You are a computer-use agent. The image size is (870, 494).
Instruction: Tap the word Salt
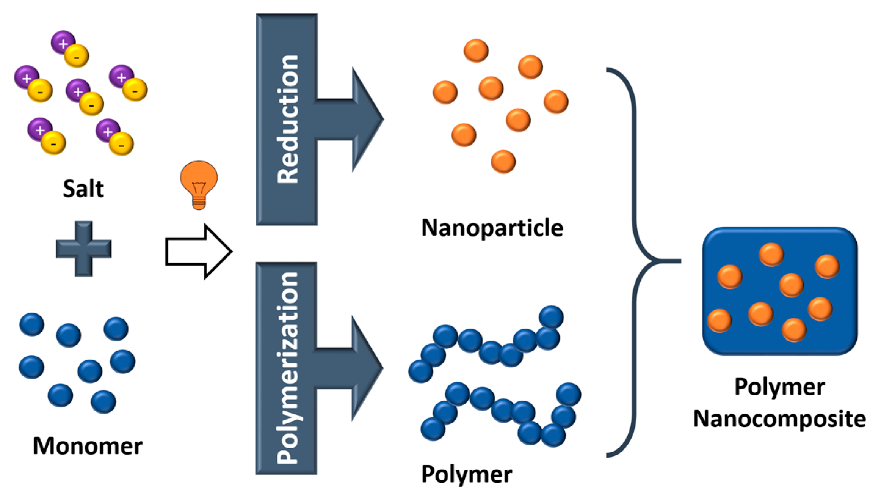pyautogui.click(x=83, y=189)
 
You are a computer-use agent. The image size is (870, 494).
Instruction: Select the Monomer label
pyautogui.click(x=88, y=446)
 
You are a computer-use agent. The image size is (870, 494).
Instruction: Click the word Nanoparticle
pyautogui.click(x=492, y=228)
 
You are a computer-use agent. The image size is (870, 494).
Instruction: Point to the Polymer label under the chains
pyautogui.click(x=467, y=474)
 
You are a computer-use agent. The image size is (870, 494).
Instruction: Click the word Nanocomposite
pyautogui.click(x=779, y=419)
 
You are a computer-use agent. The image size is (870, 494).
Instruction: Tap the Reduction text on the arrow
pyautogui.click(x=288, y=120)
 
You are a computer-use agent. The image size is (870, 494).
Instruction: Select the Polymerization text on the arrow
pyautogui.click(x=287, y=368)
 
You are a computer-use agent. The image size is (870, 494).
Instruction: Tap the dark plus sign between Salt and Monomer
pyautogui.click(x=84, y=249)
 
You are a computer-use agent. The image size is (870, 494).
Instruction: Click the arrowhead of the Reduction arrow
pyautogui.click(x=366, y=120)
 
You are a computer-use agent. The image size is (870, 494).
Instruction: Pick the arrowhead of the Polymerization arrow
pyautogui.click(x=366, y=368)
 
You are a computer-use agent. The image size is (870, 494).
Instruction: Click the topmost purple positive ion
pyautogui.click(x=63, y=42)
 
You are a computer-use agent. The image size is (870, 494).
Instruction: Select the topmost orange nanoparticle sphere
pyautogui.click(x=476, y=50)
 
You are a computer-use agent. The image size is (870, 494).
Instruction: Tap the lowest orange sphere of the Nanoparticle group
pyautogui.click(x=503, y=162)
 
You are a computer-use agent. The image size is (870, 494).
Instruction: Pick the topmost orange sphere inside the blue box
pyautogui.click(x=771, y=254)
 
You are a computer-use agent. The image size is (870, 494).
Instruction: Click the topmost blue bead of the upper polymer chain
pyautogui.click(x=551, y=317)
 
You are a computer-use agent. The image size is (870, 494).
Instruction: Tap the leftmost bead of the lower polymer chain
pyautogui.click(x=433, y=429)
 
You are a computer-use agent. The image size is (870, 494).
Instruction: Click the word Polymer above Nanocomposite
pyautogui.click(x=779, y=387)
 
